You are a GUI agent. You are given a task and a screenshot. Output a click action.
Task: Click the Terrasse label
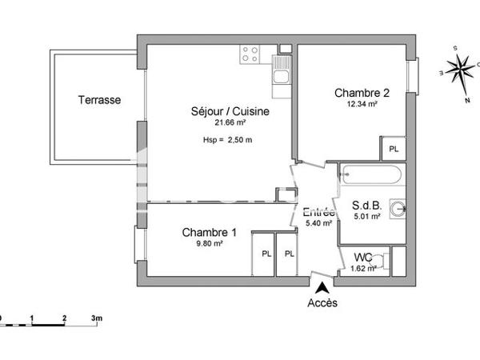coord(100,100)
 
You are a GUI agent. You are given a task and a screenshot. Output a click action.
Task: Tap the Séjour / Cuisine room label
coord(230,111)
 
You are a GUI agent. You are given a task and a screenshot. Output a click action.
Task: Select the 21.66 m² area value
coord(230,122)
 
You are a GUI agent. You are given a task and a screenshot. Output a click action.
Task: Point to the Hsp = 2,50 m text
coord(228,141)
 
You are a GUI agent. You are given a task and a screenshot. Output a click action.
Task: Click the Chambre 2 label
coord(362,93)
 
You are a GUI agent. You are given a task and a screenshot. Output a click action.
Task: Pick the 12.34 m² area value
coord(362,104)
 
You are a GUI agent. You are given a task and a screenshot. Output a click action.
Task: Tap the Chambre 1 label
coord(210,233)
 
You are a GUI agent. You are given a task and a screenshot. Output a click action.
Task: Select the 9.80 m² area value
coord(210,244)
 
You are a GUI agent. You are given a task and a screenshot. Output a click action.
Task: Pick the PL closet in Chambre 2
coord(393,149)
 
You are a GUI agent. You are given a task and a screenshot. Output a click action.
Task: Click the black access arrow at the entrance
coord(322,286)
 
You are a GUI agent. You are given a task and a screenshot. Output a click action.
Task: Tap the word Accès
coord(322,303)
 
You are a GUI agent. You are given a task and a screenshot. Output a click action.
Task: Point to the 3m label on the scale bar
coord(97,318)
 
